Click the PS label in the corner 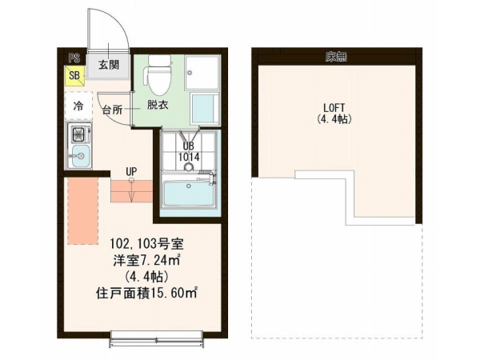pyautogui.click(x=74, y=58)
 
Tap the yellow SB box pyautogui.click(x=74, y=76)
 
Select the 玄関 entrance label pyautogui.click(x=109, y=65)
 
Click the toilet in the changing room pyautogui.click(x=158, y=75)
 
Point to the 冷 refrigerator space pyautogui.click(x=78, y=106)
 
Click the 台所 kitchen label pyautogui.click(x=112, y=110)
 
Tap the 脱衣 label pyautogui.click(x=158, y=105)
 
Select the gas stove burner pyautogui.click(x=78, y=134)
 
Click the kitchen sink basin pyautogui.click(x=79, y=156)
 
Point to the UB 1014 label pyautogui.click(x=189, y=151)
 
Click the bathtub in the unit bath pyautogui.click(x=189, y=194)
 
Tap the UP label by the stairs pyautogui.click(x=132, y=171)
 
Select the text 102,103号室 pyautogui.click(x=146, y=244)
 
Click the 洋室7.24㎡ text pyautogui.click(x=146, y=261)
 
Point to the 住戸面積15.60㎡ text pyautogui.click(x=146, y=294)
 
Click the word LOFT pyautogui.click(x=334, y=108)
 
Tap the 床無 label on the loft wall pyautogui.click(x=336, y=56)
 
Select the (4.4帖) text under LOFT pyautogui.click(x=334, y=118)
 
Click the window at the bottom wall pyautogui.click(x=156, y=338)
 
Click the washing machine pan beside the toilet pyautogui.click(x=202, y=72)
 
